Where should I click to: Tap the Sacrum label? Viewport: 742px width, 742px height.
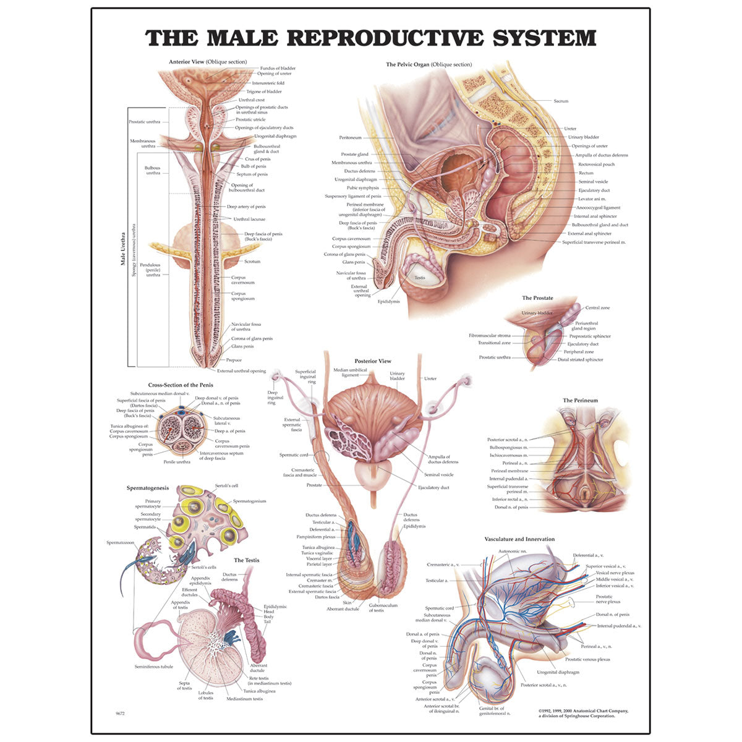(x=561, y=101)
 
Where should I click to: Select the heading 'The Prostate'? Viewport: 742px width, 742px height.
(x=537, y=297)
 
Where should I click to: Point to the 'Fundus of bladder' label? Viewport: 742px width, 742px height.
(x=278, y=68)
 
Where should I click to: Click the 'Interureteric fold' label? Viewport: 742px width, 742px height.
(x=268, y=83)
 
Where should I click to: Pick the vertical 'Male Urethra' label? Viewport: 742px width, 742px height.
(x=123, y=249)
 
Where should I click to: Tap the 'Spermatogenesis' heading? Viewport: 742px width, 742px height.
(x=148, y=488)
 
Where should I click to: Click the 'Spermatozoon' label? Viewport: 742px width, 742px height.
(x=120, y=542)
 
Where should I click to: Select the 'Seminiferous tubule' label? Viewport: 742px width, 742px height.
(x=153, y=667)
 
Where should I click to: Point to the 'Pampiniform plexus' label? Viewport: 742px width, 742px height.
(x=316, y=537)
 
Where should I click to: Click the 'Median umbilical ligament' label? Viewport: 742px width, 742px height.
(x=350, y=372)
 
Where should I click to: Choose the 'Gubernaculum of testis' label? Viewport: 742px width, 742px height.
(x=383, y=608)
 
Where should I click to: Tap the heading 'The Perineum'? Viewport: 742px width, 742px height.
(x=580, y=401)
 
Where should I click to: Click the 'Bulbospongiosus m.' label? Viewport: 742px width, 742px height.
(x=508, y=448)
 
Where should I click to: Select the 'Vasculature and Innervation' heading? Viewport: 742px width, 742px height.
(x=519, y=539)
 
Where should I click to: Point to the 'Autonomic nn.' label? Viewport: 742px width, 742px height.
(x=512, y=552)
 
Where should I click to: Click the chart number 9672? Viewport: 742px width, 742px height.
(x=120, y=714)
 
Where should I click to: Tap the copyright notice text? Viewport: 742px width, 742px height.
(x=583, y=714)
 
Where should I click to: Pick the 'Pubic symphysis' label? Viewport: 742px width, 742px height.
(x=363, y=188)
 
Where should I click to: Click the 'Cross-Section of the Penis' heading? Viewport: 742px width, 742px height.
(x=181, y=385)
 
